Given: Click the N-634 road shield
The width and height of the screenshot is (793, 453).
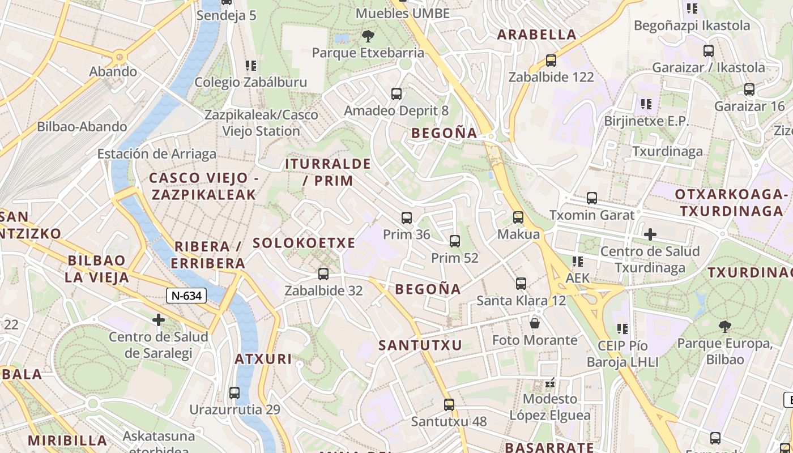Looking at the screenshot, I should click(x=186, y=295).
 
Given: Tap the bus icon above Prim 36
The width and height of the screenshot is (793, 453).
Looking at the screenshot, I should click(x=406, y=218).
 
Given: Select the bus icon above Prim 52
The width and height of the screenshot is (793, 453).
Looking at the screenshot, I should click(x=454, y=241).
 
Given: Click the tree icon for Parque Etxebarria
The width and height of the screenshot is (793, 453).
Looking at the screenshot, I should click(x=368, y=37).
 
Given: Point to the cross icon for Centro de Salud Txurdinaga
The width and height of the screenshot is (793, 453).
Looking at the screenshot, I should click(x=650, y=234).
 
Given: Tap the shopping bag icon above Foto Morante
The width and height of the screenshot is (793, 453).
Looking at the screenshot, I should click(x=534, y=323).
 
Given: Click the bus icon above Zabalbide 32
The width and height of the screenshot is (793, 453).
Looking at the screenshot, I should click(x=323, y=274).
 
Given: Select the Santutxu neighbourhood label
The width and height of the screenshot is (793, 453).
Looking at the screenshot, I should click(x=420, y=345).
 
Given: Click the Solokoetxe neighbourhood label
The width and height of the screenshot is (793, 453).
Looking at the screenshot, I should click(x=304, y=243).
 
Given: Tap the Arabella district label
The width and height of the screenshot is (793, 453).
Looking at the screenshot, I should click(x=536, y=35).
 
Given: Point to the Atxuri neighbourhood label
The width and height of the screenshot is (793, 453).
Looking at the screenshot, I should click(x=263, y=359).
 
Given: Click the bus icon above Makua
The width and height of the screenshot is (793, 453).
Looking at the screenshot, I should click(x=518, y=217).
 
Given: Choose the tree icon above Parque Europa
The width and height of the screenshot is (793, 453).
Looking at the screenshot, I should click(x=724, y=326).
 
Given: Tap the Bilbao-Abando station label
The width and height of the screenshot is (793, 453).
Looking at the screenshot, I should click(x=82, y=126).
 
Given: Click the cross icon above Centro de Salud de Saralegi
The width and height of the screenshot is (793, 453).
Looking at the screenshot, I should click(x=159, y=320).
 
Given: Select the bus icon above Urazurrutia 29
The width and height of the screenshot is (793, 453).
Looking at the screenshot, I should click(x=235, y=392).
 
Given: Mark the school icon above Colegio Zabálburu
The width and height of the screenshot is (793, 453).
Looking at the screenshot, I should click(x=251, y=66).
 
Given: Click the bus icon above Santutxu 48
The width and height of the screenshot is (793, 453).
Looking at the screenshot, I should click(x=449, y=405).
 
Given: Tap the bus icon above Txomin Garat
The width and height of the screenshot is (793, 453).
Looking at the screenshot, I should click(x=592, y=198).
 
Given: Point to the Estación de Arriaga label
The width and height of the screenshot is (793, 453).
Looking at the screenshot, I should click(x=157, y=154).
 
